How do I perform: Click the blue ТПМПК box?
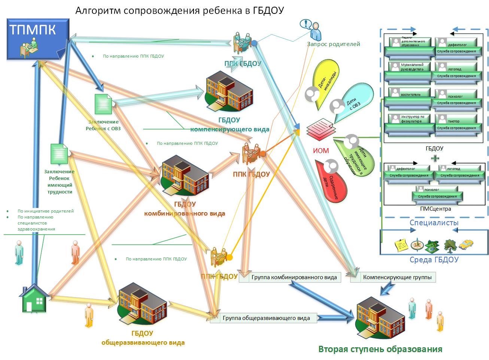pos(38,39)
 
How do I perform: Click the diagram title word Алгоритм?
pos(98,10)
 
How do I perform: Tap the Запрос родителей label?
pos(333,44)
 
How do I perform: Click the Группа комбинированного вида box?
pos(294,278)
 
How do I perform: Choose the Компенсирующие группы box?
pos(397,278)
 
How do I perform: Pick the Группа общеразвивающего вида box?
pos(266,318)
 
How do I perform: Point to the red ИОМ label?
pos(321,151)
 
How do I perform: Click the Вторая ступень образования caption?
pos(380,350)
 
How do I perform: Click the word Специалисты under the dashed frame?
pos(434,223)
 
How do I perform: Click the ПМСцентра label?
pos(434,209)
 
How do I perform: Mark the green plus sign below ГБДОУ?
pos(435,158)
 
